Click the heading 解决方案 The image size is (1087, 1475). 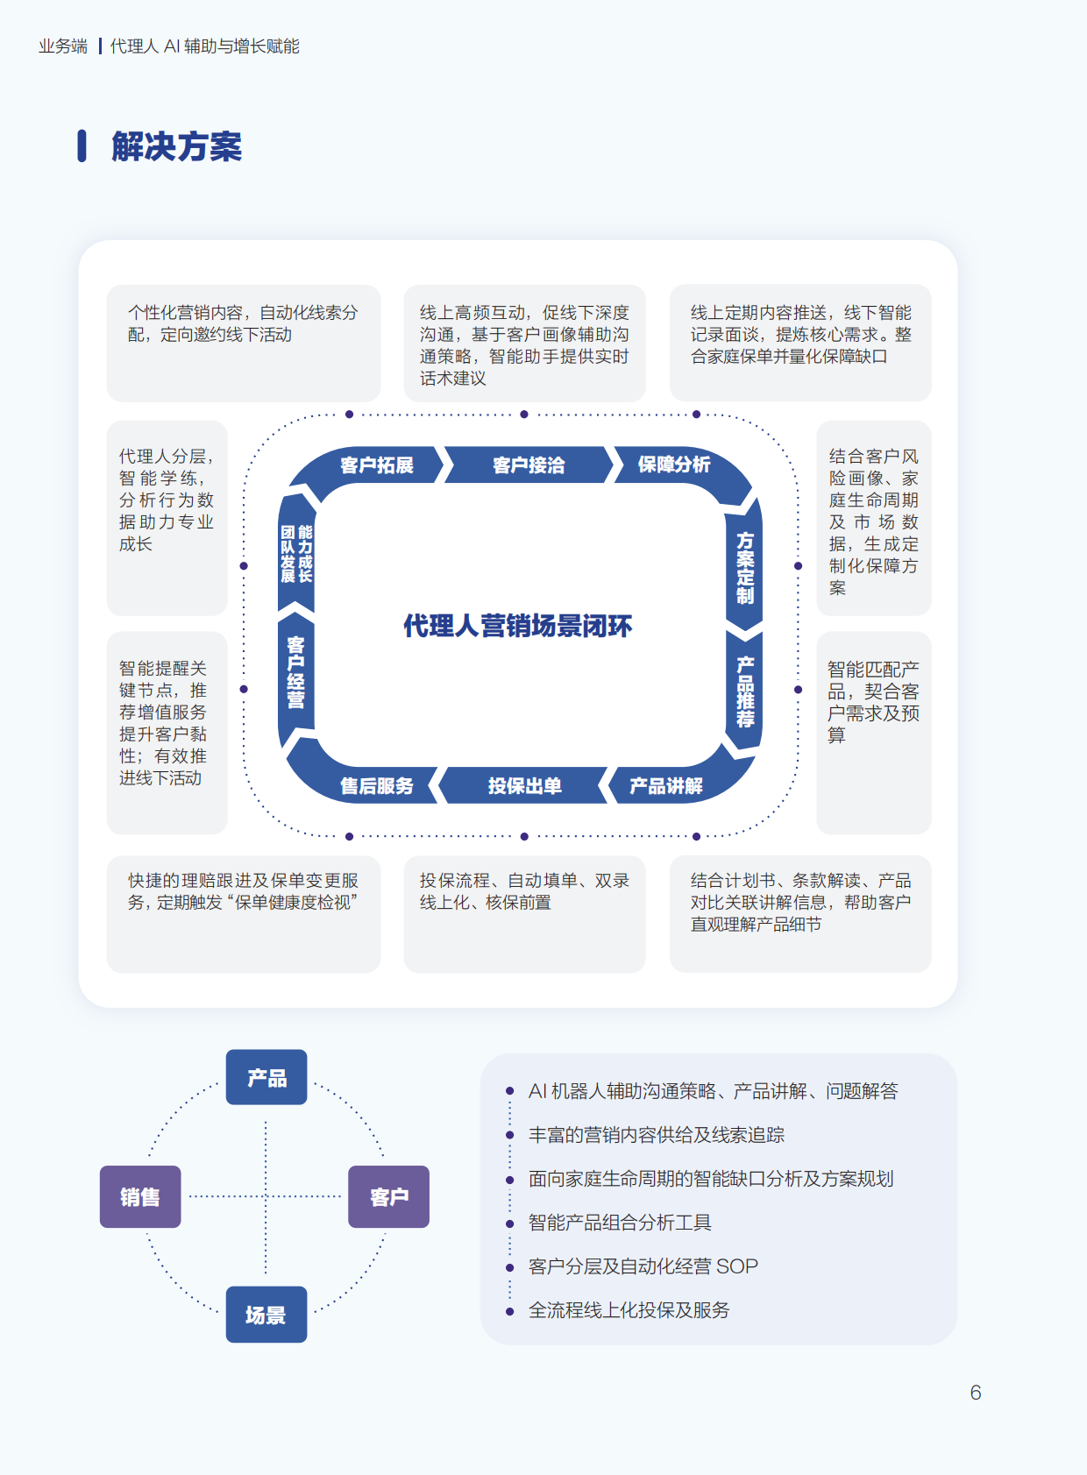[176, 146]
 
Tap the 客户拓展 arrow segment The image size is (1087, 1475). [376, 465]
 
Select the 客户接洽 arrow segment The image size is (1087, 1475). [528, 465]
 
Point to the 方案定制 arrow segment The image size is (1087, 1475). [745, 568]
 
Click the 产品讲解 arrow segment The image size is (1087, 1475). [666, 785]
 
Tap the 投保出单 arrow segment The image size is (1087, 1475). [524, 785]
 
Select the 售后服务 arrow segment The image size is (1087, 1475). [376, 785]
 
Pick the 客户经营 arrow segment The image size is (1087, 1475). [295, 673]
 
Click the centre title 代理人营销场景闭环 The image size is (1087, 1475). [517, 626]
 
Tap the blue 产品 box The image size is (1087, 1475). [266, 1077]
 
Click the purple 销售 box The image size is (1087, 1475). [140, 1196]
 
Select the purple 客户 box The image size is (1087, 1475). [388, 1196]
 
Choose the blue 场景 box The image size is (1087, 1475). [266, 1315]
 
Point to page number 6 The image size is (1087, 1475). [976, 1393]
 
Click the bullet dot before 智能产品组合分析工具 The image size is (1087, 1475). [509, 1223]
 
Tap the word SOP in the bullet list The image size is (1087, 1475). [737, 1266]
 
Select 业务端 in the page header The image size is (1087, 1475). [63, 46]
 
